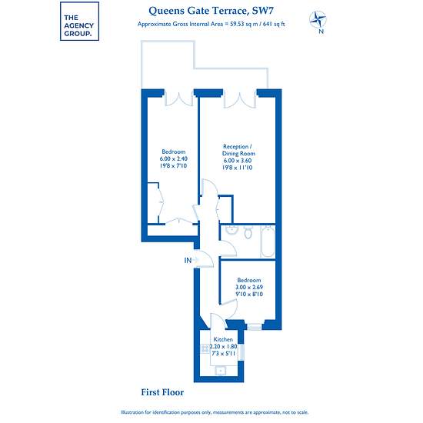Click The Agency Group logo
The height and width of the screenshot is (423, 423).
(x=79, y=22)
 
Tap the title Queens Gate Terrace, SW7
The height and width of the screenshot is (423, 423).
(x=211, y=11)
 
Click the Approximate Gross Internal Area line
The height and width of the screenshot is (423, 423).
(x=211, y=24)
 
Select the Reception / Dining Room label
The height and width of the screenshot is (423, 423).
(x=238, y=150)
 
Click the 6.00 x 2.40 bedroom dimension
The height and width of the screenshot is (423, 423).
(x=174, y=158)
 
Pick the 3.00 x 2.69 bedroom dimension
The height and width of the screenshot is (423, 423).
(x=249, y=287)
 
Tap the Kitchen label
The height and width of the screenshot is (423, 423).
(x=223, y=339)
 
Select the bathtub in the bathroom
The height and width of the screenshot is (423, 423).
(x=268, y=241)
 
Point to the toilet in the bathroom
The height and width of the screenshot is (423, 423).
(x=248, y=232)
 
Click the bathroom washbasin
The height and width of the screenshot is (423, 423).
(x=231, y=230)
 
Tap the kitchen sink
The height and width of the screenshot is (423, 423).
(x=221, y=371)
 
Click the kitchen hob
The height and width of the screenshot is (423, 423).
(x=205, y=348)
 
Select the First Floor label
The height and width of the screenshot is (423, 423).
(x=162, y=392)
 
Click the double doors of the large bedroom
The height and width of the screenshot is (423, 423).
(x=179, y=98)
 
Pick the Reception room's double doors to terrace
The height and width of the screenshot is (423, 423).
(x=239, y=99)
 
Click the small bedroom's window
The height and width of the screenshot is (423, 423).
(x=255, y=327)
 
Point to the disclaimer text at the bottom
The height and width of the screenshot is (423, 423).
(x=215, y=412)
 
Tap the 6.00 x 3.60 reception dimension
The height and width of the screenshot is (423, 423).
(x=238, y=161)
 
